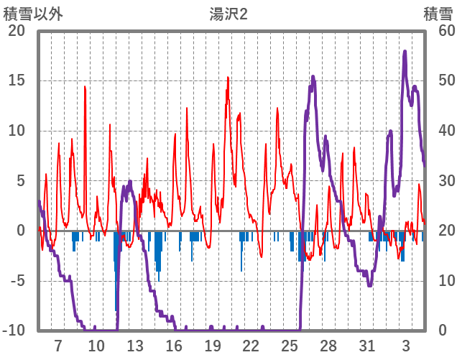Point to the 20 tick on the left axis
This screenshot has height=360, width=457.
(x=17, y=31)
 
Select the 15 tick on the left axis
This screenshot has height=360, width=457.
(x=17, y=80)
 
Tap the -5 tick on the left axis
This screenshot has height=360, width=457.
(x=17, y=280)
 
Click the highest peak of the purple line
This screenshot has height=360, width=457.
(x=405, y=51)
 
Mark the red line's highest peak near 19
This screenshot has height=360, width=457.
(x=228, y=78)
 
